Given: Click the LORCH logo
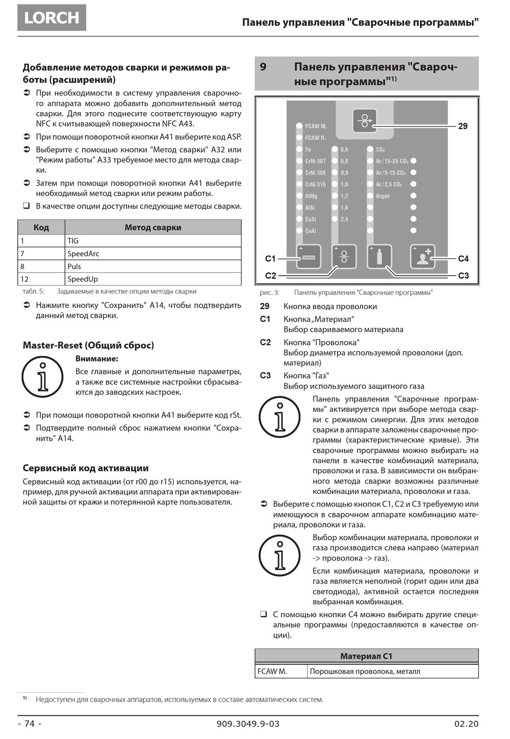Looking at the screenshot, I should (x=52, y=18).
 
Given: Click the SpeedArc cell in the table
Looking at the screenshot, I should (x=83, y=254).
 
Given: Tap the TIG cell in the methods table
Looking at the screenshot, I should (x=73, y=241).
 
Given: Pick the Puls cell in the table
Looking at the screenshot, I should (x=74, y=267).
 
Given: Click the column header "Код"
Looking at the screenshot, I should (x=41, y=227).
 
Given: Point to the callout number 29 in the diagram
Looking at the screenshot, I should (x=463, y=127).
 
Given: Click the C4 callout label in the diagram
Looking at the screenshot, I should (x=463, y=258).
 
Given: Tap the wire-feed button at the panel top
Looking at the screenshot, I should (x=365, y=121).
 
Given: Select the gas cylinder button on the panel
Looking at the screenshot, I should (x=379, y=256).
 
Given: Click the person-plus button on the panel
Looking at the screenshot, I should (x=422, y=256).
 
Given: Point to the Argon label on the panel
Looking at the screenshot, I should (x=383, y=196).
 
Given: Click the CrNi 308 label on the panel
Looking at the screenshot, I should (x=315, y=173).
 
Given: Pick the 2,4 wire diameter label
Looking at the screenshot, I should (x=344, y=219).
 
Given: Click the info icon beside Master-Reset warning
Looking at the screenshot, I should (x=42, y=376).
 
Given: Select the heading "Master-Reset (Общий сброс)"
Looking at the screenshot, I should (x=88, y=345).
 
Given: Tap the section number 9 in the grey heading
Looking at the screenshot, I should (x=263, y=67).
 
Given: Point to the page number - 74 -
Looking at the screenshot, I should (x=30, y=723).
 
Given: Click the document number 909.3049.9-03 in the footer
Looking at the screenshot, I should (x=248, y=723).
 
